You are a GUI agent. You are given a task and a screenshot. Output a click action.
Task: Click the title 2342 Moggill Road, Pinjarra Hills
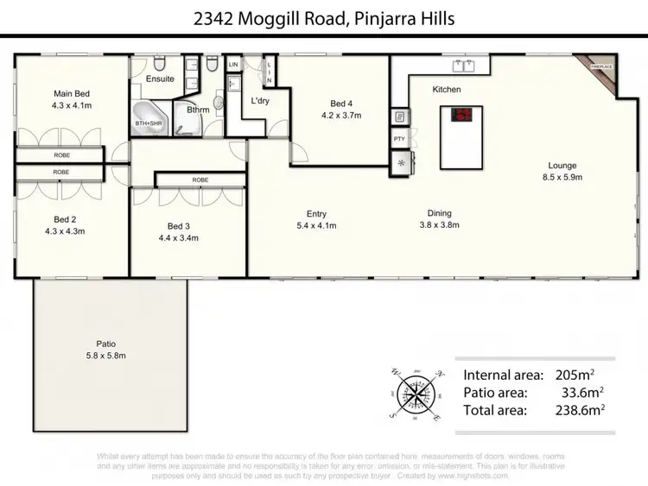(x=324, y=18)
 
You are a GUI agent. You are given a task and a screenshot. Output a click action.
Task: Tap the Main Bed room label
(x=72, y=93)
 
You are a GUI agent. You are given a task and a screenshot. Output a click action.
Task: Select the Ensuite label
(x=160, y=79)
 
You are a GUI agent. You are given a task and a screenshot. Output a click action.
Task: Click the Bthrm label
(x=198, y=110)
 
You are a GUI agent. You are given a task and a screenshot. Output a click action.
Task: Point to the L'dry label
(x=260, y=102)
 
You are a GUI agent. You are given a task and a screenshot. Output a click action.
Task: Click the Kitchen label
(x=447, y=89)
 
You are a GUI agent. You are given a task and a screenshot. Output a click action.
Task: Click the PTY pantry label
(x=399, y=139)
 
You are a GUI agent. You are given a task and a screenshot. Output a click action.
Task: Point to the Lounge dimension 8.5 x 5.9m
(x=562, y=177)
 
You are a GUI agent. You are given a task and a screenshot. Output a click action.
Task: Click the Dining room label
(x=439, y=213)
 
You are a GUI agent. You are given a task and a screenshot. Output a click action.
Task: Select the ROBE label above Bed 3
(x=200, y=180)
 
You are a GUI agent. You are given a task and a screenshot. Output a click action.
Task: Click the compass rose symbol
(x=416, y=393)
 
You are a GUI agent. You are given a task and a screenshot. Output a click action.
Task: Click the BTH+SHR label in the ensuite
(x=149, y=122)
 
